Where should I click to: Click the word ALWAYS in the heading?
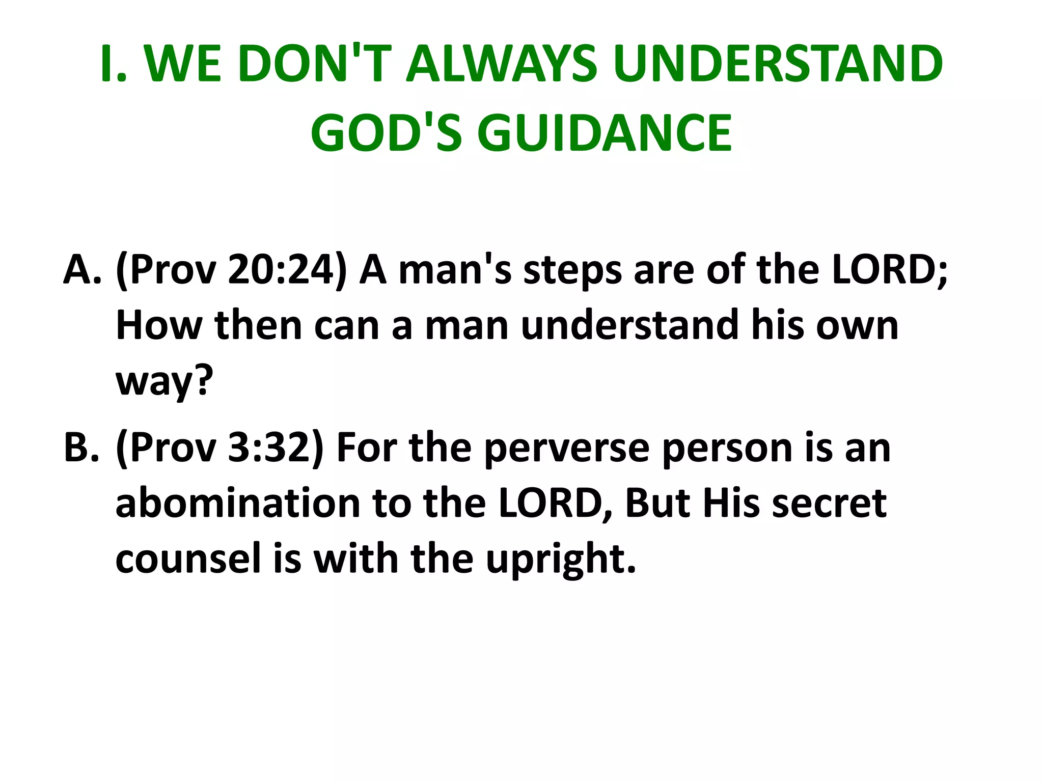(x=502, y=64)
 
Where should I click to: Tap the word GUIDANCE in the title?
(x=605, y=133)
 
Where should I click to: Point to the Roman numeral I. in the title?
(x=113, y=64)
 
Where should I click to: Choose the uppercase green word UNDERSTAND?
(x=778, y=64)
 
